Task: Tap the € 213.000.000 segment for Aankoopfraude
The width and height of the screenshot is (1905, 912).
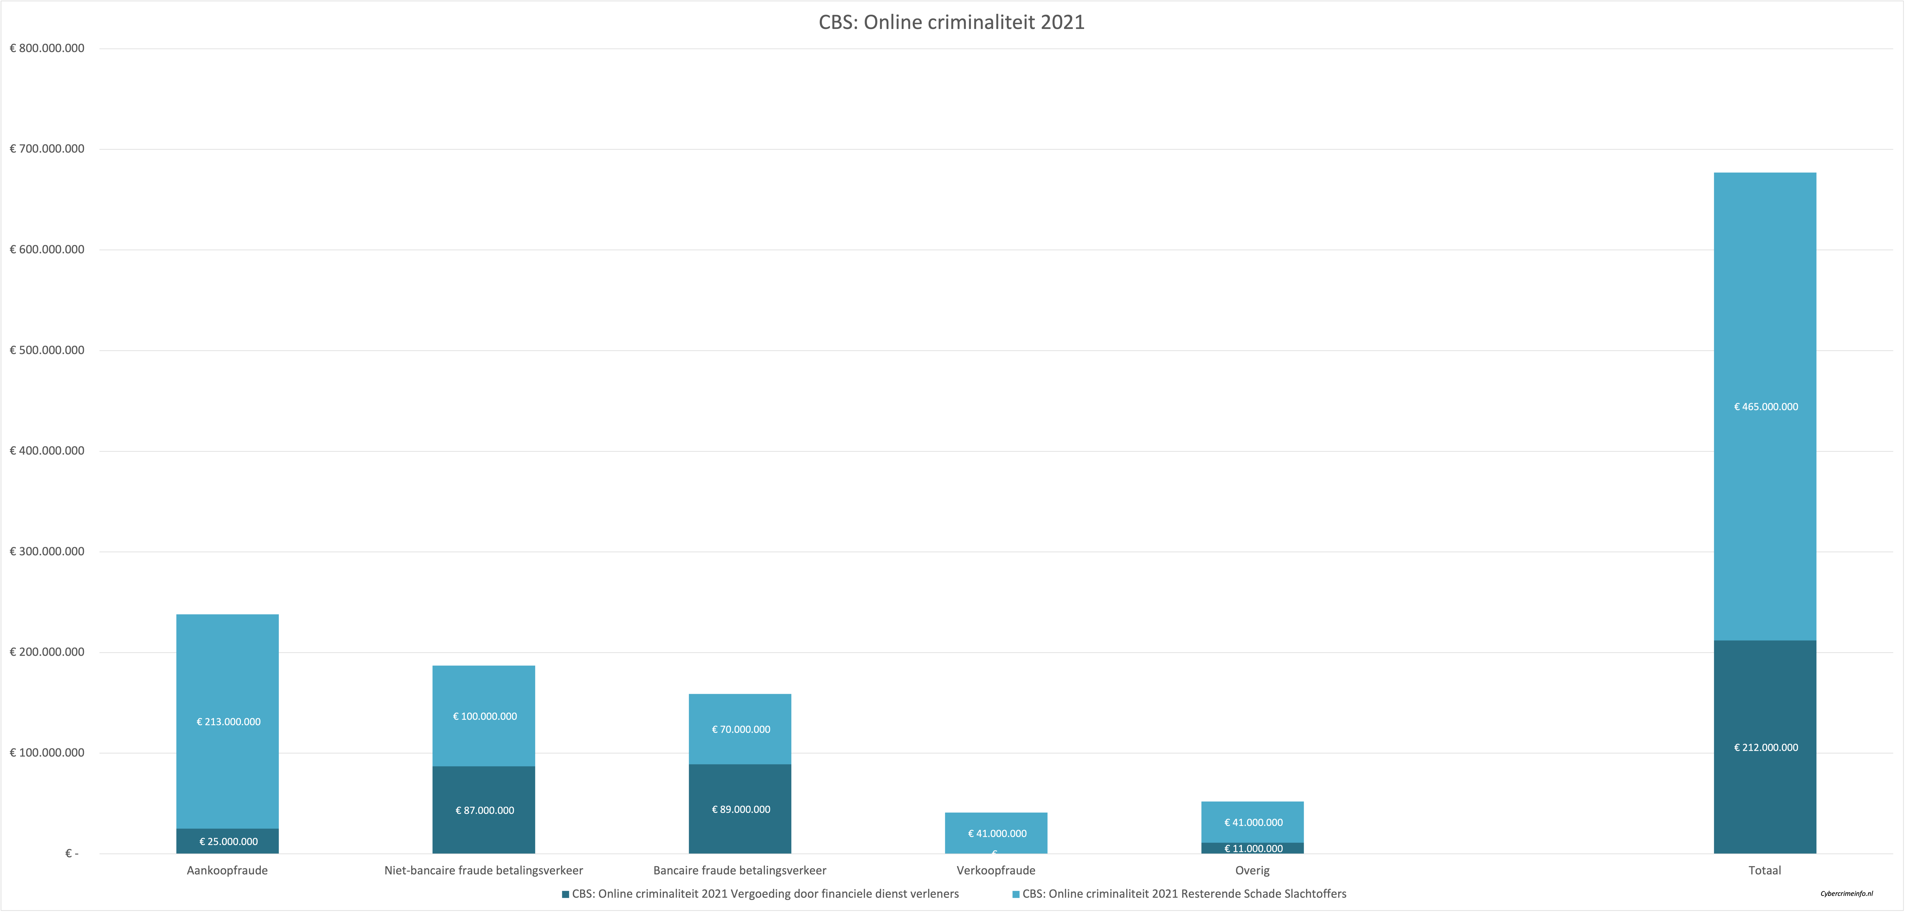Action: (x=228, y=721)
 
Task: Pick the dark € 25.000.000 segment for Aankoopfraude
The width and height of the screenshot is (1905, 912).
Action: (x=228, y=841)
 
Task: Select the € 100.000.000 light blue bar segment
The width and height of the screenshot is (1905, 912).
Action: (x=484, y=716)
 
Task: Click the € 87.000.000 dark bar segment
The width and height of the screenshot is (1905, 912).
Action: (x=484, y=810)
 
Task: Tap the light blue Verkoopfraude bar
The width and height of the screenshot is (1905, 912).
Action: (x=996, y=833)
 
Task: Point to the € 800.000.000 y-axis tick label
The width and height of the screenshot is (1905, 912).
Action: (x=47, y=48)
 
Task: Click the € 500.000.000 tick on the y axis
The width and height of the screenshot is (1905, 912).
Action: (x=47, y=350)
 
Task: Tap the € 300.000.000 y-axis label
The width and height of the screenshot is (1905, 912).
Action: (x=47, y=551)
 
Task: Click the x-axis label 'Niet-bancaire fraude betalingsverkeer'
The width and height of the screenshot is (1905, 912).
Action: (x=484, y=871)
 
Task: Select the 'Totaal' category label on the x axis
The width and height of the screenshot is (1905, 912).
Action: (x=1765, y=871)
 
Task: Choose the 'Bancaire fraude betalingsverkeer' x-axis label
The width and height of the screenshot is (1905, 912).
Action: (x=740, y=871)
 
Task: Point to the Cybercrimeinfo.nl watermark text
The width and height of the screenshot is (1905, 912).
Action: (x=1847, y=894)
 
